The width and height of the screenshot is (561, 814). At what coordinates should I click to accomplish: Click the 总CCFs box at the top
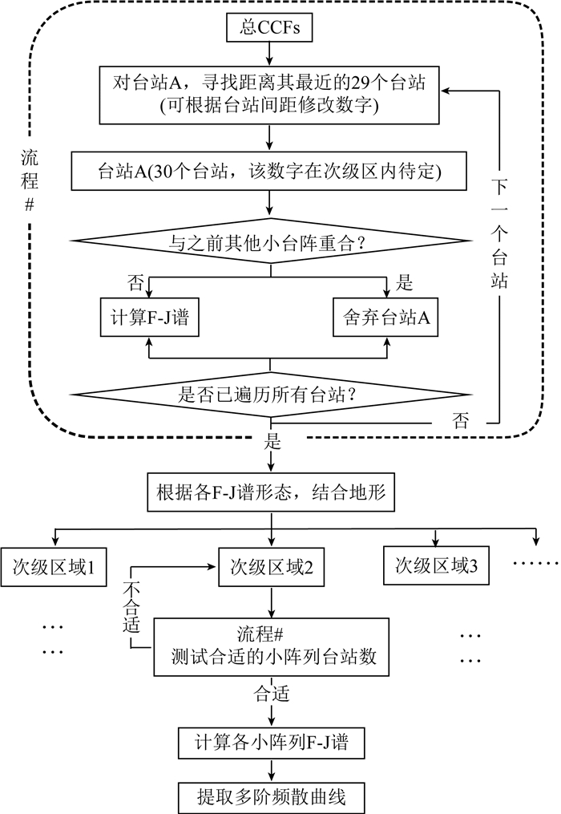pyautogui.click(x=272, y=29)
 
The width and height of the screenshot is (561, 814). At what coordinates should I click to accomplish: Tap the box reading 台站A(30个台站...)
pyautogui.click(x=272, y=172)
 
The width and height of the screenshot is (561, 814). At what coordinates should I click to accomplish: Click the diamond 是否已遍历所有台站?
pyautogui.click(x=272, y=393)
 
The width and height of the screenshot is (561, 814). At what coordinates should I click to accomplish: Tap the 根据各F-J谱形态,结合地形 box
pyautogui.click(x=272, y=493)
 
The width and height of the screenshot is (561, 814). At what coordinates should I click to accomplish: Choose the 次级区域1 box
pyautogui.click(x=54, y=569)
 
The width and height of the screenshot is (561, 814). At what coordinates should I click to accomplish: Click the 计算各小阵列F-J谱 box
pyautogui.click(x=272, y=742)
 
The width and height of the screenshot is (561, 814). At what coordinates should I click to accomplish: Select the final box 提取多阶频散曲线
pyautogui.click(x=272, y=796)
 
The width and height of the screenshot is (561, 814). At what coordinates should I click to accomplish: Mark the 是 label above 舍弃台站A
pyautogui.click(x=405, y=282)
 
